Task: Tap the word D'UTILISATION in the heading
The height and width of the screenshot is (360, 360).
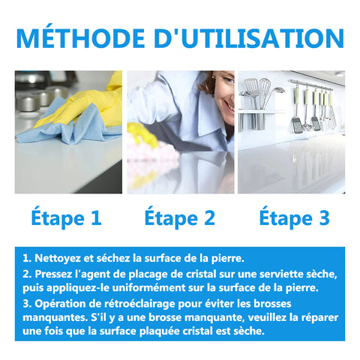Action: tap(249, 38)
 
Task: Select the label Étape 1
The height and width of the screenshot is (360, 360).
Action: tap(66, 217)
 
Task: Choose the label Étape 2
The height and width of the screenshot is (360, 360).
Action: tap(180, 217)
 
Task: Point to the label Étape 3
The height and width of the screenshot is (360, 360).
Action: tap(295, 217)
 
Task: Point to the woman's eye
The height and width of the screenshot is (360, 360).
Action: tap(229, 80)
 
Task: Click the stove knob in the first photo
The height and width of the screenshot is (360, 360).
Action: tap(28, 103)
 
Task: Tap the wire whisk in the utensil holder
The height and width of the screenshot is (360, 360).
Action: tap(265, 92)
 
